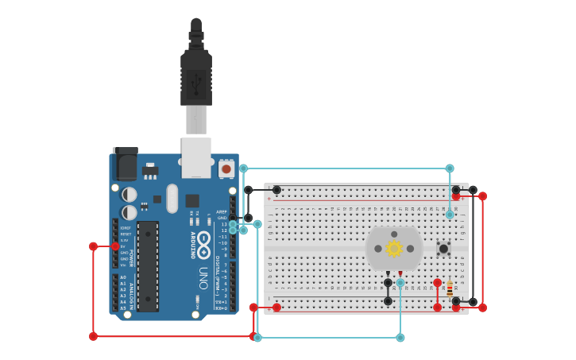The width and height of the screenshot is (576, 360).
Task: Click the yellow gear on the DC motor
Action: coord(394,249)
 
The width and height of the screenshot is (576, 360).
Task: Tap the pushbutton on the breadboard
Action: coord(443,249)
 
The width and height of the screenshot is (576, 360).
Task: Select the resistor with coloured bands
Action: coord(450,289)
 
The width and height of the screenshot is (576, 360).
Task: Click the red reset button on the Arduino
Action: coord(226,168)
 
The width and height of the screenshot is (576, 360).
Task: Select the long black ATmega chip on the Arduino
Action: coord(147,266)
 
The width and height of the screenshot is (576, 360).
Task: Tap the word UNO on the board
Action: coord(203,277)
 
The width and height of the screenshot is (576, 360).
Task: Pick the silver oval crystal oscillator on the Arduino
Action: coord(172,198)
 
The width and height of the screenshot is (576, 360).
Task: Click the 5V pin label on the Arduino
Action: coord(125,246)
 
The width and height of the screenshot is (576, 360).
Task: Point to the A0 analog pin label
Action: coord(122,277)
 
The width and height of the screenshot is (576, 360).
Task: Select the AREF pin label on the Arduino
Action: coord(222,212)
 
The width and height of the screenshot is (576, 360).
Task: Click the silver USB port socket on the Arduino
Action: coord(196,157)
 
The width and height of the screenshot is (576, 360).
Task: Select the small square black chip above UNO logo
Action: coord(192,200)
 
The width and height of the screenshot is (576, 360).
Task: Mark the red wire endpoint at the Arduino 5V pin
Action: coord(115,246)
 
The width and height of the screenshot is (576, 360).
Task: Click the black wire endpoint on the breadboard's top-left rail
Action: coord(276,190)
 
